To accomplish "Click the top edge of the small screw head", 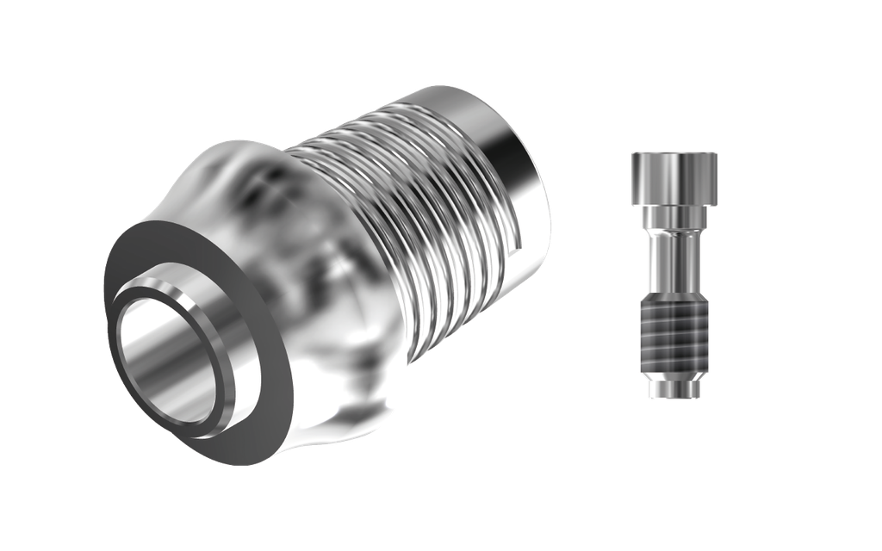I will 674,154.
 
